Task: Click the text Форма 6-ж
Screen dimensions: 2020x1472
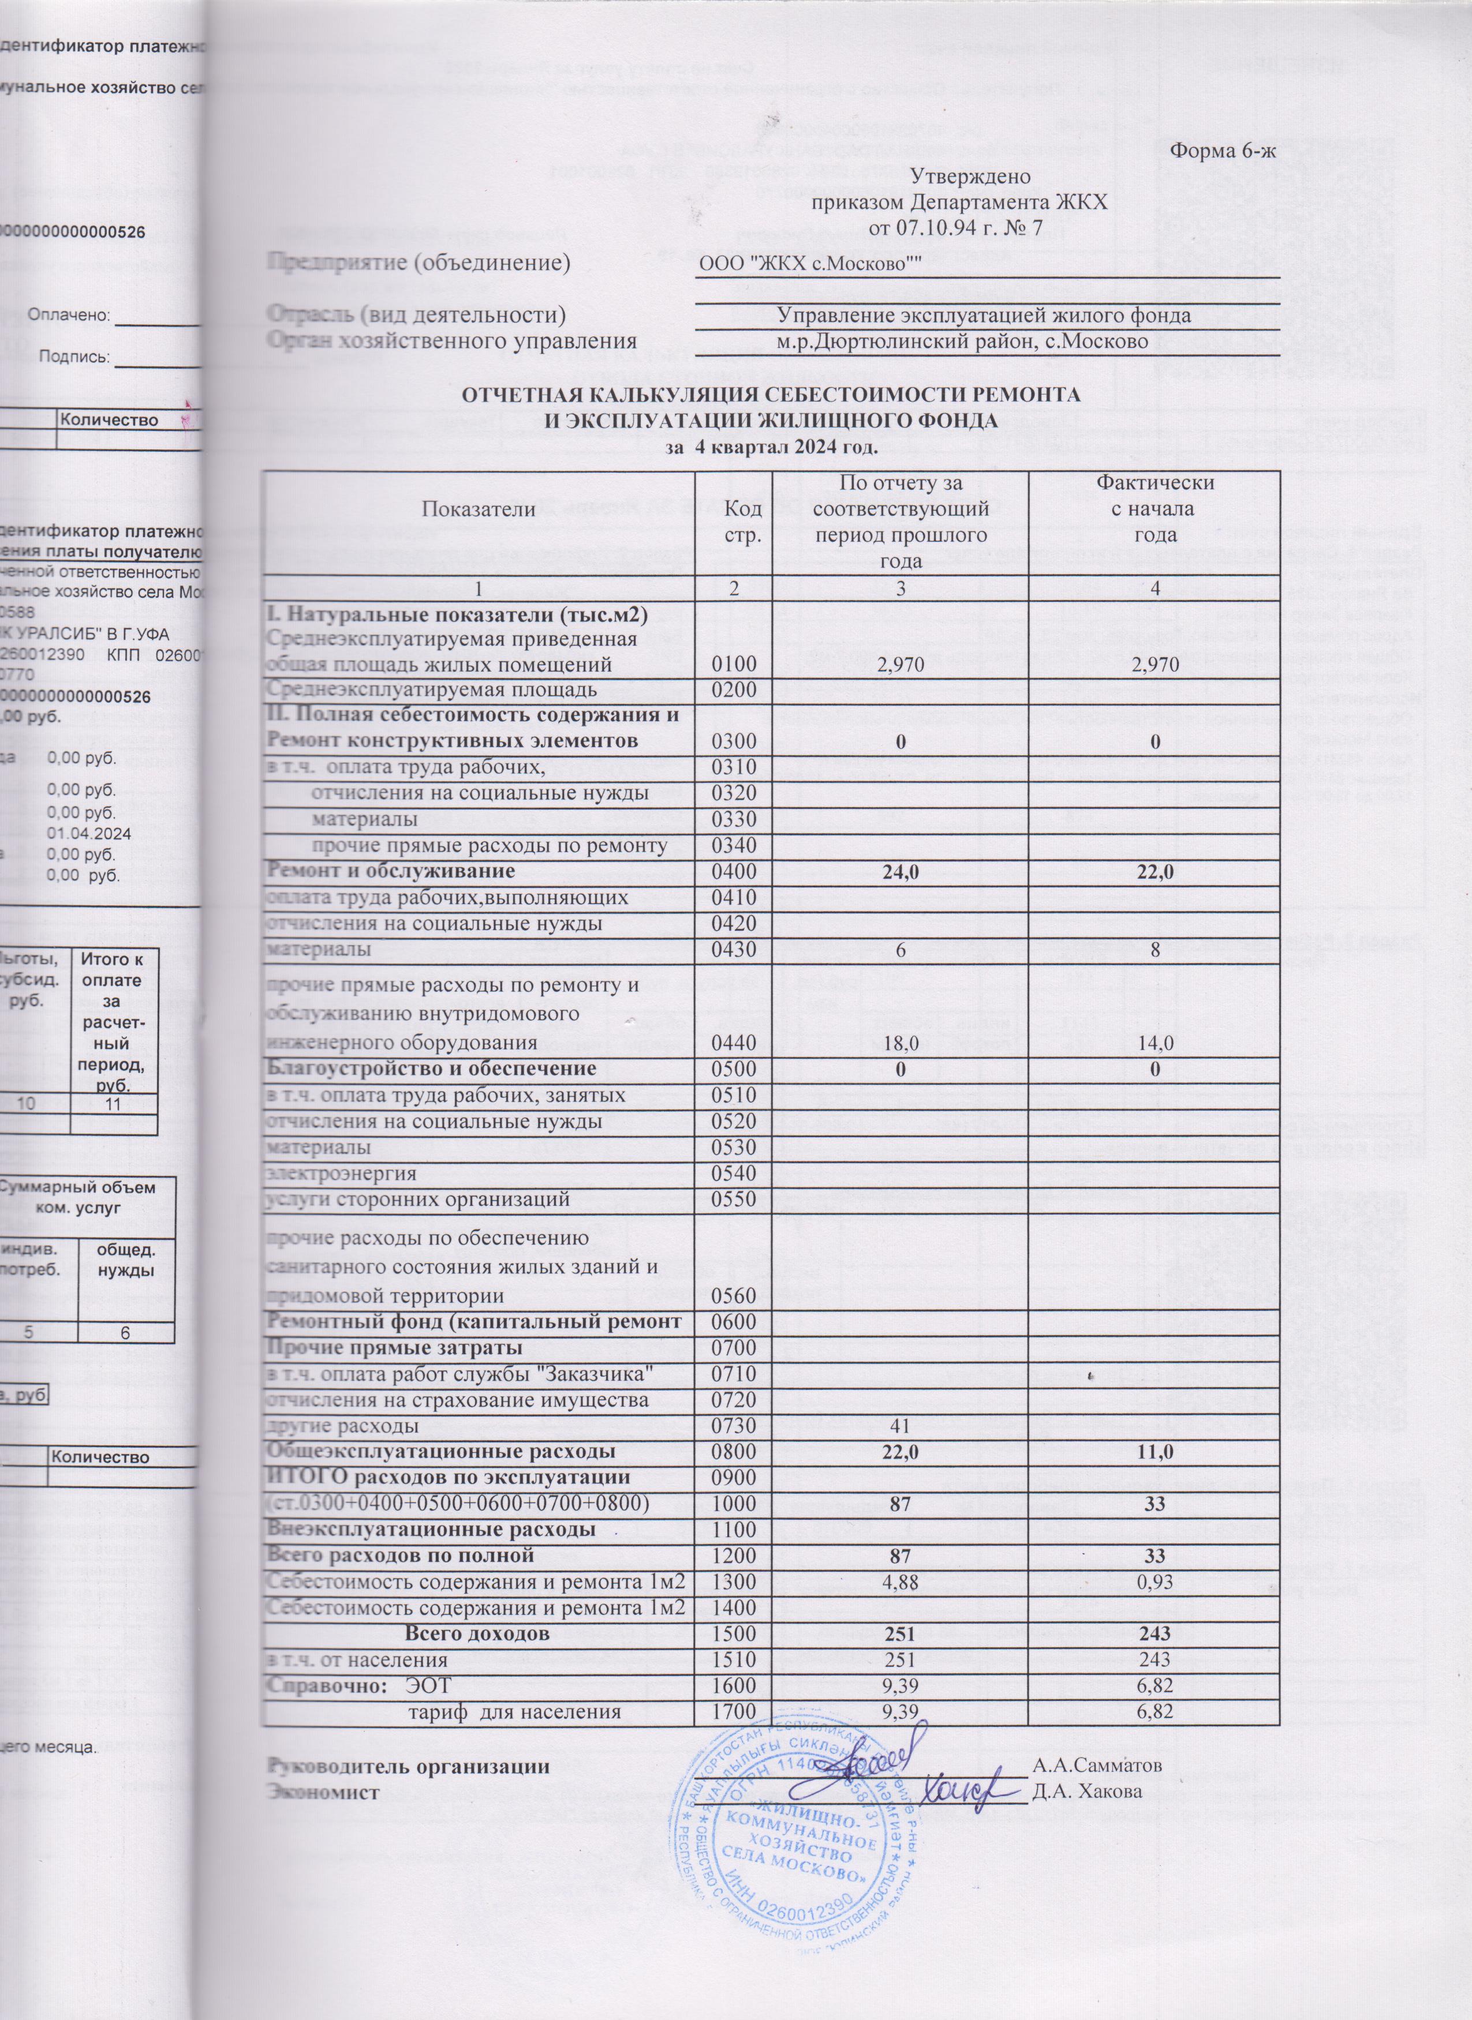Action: click(x=1223, y=151)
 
